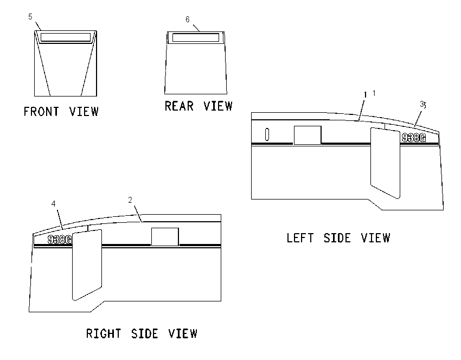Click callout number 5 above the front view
pyautogui.click(x=30, y=17)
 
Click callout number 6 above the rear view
pyautogui.click(x=188, y=20)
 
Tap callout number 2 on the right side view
pyautogui.click(x=130, y=200)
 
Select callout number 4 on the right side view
pyautogui.click(x=54, y=204)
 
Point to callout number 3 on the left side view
pyautogui.click(x=423, y=104)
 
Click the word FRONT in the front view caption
pyautogui.click(x=41, y=112)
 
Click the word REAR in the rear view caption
pyautogui.click(x=179, y=106)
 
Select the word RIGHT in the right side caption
pyautogui.click(x=104, y=333)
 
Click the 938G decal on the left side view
pyautogui.click(x=414, y=138)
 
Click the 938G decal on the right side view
pyautogui.click(x=60, y=240)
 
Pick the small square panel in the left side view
pyautogui.click(x=308, y=135)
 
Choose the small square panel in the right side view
pyautogui.click(x=165, y=237)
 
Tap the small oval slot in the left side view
pyautogui.click(x=267, y=134)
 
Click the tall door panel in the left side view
pyautogui.click(x=386, y=163)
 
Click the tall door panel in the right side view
pyautogui.click(x=87, y=265)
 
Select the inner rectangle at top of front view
pyautogui.click(x=66, y=37)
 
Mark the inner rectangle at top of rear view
pyautogui.click(x=196, y=37)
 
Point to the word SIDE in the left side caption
pyautogui.click(x=337, y=238)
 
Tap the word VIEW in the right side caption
pyautogui.click(x=183, y=333)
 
